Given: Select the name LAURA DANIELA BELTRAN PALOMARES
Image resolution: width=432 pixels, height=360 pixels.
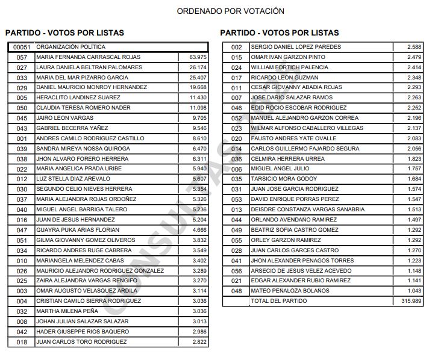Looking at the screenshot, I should tap(89, 67).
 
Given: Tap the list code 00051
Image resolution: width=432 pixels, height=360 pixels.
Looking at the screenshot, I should tap(20, 47).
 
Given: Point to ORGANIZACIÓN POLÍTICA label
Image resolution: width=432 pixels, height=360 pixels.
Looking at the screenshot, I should tap(70, 47).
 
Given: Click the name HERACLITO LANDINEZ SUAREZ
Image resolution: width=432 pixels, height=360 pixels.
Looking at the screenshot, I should tap(78, 98).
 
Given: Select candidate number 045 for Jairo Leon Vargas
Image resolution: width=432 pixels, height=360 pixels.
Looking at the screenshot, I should tap(22, 118).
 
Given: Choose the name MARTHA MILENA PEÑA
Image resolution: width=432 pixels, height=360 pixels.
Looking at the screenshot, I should tap(67, 311).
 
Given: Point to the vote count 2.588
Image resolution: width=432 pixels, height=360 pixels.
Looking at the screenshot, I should tap(414, 47).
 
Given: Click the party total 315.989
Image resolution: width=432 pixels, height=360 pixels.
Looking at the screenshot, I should tap(412, 301).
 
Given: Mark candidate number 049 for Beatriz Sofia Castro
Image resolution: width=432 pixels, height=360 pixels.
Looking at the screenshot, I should tap(237, 230).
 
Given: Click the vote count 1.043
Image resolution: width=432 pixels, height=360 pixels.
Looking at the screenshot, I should tap(414, 291).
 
